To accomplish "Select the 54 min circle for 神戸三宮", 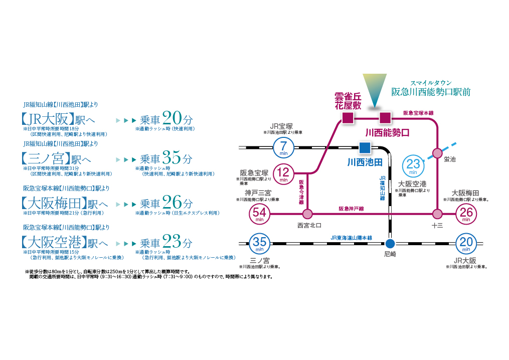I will (x=260, y=214).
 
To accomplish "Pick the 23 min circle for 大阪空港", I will (x=413, y=166).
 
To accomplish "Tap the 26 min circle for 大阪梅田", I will (x=466, y=214).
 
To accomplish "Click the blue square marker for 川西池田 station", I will (x=365, y=147).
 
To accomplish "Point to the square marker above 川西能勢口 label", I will (x=385, y=118).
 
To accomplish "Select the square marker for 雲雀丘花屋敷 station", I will (x=347, y=118).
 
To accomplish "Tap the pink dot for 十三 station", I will (x=438, y=214).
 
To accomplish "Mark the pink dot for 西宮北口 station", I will (x=307, y=214).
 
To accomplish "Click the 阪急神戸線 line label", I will (x=351, y=208).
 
